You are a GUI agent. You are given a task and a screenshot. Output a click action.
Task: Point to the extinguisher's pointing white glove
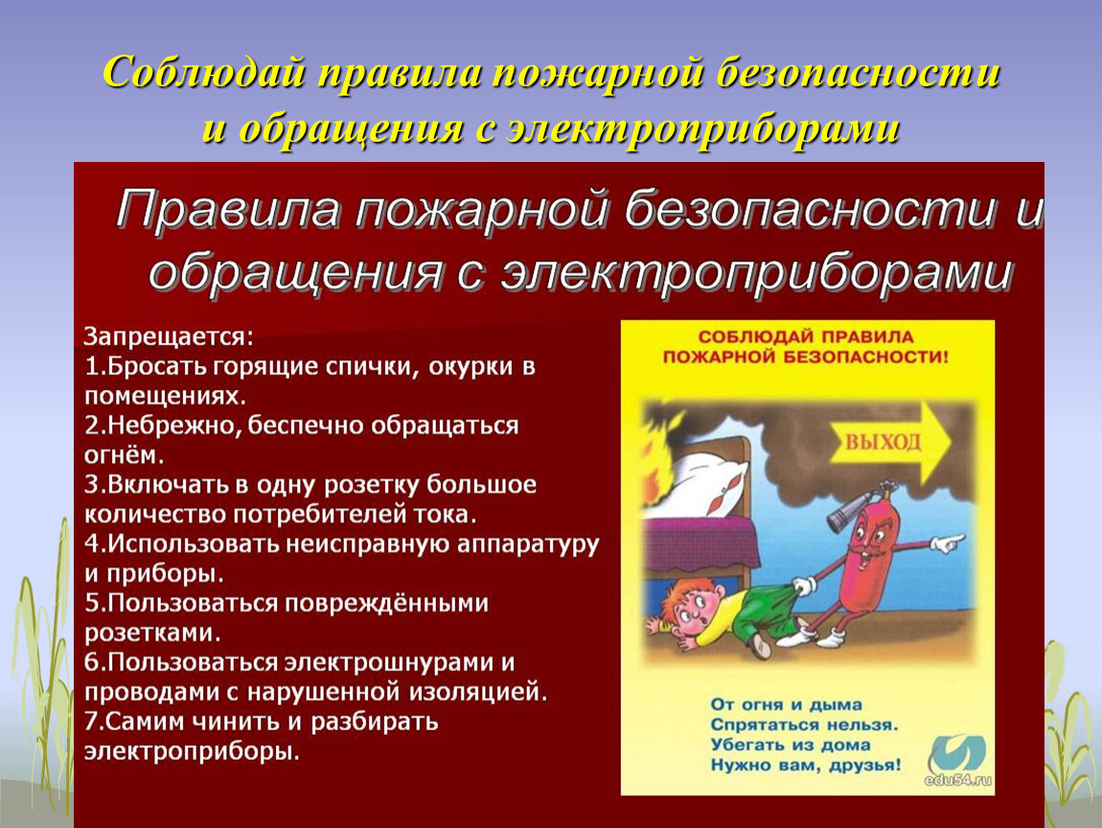coord(948,542)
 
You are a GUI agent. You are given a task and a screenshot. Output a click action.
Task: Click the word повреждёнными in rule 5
coord(386,603)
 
